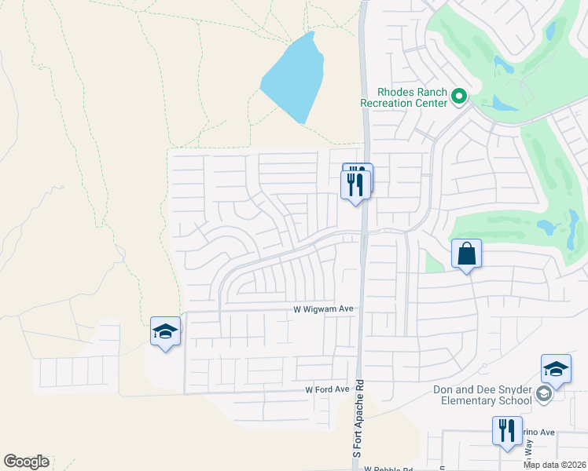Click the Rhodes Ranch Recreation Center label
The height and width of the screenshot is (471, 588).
[403, 97]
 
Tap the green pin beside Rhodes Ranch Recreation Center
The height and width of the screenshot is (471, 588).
[459, 97]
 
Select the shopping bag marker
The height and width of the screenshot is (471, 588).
[466, 254]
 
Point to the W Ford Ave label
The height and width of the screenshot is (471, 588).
[327, 389]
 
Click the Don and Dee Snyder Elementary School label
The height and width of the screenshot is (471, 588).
[483, 396]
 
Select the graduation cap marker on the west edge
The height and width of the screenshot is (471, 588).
[165, 332]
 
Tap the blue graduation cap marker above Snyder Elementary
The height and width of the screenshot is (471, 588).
[555, 370]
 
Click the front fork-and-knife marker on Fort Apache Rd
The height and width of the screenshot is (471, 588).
[355, 185]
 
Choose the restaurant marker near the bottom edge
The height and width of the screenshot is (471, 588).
[507, 431]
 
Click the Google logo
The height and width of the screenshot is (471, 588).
[26, 462]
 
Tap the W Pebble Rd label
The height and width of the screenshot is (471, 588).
[388, 469]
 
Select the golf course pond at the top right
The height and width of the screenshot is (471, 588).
[550, 31]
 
